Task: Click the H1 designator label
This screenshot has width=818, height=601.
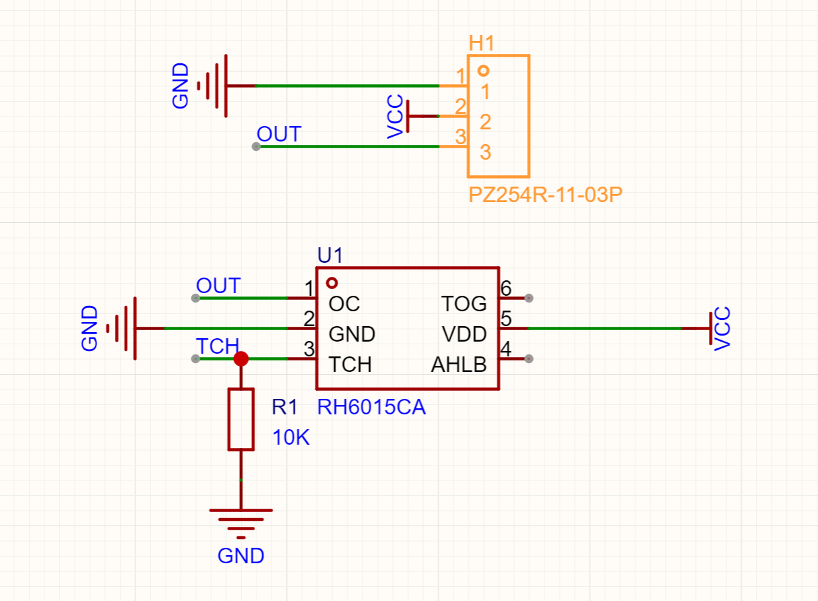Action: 482,44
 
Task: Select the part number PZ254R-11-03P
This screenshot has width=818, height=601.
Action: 545,196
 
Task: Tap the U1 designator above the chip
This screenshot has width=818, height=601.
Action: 330,255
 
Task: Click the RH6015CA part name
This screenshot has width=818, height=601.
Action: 371,408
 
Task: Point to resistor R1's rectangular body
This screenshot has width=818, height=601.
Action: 241,419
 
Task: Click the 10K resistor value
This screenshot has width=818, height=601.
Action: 291,438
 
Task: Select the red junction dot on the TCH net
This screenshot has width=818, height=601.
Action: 241,358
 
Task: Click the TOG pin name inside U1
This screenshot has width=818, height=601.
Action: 464,304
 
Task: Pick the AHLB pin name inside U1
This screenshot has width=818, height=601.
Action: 459,365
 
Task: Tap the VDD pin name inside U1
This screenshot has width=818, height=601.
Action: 464,334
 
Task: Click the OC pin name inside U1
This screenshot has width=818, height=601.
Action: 344,304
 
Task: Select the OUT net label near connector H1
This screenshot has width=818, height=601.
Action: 279,134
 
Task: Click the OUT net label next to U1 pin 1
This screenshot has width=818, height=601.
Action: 218,286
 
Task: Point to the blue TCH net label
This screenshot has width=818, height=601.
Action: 217,346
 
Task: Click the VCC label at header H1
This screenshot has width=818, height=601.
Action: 396,117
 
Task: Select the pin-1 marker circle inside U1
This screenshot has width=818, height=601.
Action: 332,283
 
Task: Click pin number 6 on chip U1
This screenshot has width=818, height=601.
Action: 506,289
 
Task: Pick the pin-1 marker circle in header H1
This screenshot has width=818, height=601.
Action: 483,70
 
